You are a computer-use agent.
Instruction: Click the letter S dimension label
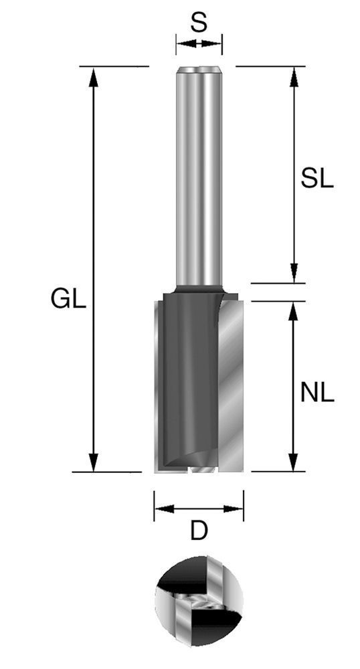199,24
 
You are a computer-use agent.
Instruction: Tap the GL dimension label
68,298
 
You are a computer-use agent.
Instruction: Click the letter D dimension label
198,532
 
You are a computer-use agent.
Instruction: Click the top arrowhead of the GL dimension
94,76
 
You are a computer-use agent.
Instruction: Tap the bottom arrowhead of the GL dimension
94,463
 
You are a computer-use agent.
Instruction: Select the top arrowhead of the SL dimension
293,76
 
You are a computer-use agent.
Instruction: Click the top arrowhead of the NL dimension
293,310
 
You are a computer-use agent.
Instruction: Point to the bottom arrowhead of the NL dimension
293,463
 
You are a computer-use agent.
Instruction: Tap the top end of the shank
199,69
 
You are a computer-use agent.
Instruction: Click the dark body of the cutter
187,381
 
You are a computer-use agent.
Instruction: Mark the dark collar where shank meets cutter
199,289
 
